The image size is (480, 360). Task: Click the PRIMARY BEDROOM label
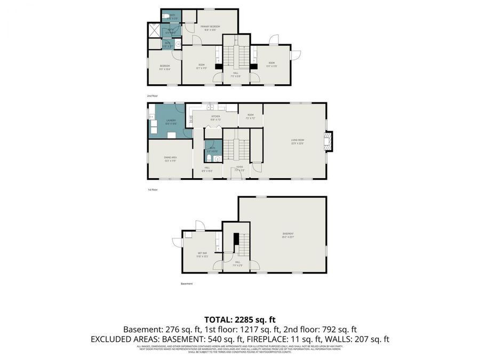[210, 28]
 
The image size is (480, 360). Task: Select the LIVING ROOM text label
[297, 141]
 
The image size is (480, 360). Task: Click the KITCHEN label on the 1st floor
[215, 117]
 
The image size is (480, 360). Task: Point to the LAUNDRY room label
[171, 122]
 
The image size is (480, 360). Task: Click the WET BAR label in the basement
[202, 254]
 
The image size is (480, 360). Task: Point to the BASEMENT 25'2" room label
[288, 235]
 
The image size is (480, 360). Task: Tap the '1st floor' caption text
[153, 189]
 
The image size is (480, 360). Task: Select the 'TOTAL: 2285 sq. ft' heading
[239, 320]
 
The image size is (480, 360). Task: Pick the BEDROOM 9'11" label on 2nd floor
[164, 67]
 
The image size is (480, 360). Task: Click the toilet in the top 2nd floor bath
[166, 15]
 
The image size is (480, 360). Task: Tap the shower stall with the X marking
[154, 30]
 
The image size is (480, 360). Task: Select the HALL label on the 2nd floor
[235, 75]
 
